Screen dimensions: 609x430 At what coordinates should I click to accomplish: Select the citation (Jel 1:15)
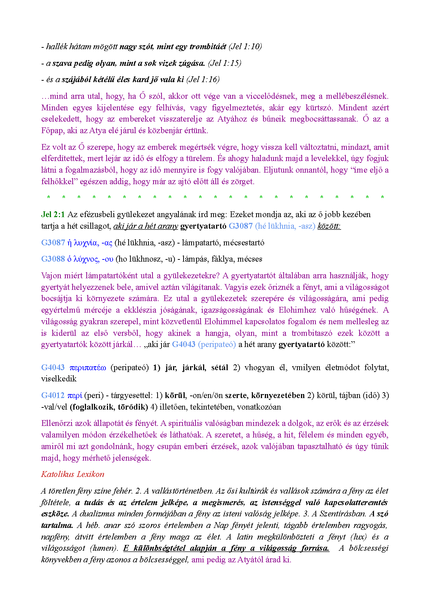point(224,63)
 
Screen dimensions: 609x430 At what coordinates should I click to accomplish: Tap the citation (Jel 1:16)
point(203,79)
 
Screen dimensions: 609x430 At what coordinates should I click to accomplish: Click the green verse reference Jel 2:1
point(53,214)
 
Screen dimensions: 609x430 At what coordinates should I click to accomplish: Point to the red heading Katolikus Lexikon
point(73,474)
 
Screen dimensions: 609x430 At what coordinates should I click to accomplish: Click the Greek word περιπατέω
point(87,367)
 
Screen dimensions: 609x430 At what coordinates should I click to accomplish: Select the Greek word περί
point(74,395)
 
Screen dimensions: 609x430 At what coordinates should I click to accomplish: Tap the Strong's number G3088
point(53,259)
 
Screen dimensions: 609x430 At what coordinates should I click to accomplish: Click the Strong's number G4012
point(53,395)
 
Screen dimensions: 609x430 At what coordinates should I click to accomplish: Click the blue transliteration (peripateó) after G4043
point(217,344)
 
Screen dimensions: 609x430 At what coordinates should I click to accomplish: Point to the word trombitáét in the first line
point(208,46)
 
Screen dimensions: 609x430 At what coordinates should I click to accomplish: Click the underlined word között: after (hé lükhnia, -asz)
point(329,226)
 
